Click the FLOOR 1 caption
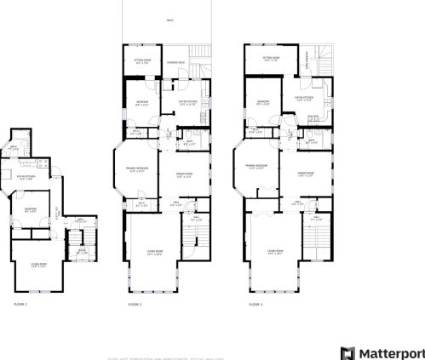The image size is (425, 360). click(20, 304)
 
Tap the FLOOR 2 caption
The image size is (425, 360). click(135, 304)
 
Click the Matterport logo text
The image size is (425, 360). click(388, 352)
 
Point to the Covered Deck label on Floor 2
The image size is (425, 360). click(176, 63)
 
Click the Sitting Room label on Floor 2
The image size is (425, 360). click(143, 61)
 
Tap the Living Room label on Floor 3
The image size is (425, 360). click(274, 253)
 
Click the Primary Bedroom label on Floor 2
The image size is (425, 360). click(147, 170)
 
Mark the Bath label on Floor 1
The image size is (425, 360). click(14, 148)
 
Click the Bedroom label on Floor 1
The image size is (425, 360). click(29, 209)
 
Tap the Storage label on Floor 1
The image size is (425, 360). click(82, 251)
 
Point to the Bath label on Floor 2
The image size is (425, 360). click(191, 143)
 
